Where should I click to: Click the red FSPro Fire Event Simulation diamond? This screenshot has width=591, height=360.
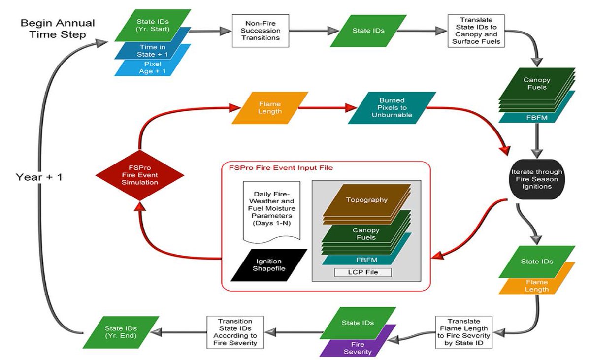pos(140,175)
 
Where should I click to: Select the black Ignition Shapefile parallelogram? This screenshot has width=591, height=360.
pos(269,265)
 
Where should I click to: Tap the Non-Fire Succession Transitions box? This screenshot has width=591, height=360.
pos(261,31)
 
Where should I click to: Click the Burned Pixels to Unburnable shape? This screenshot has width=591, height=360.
pos(392,107)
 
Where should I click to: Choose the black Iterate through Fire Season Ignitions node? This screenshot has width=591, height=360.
pos(537,179)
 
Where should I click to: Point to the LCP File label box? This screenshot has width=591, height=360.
pos(363,272)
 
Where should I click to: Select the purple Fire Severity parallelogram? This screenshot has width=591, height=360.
pos(358,348)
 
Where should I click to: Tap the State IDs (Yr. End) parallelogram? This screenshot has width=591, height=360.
pos(121,332)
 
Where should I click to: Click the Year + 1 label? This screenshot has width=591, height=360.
pos(39,177)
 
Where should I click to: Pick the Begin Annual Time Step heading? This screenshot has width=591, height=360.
pos(58,29)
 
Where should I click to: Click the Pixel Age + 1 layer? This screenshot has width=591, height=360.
pos(153,68)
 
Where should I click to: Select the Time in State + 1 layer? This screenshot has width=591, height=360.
pos(153,51)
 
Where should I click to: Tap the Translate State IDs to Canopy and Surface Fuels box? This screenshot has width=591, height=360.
pos(476,31)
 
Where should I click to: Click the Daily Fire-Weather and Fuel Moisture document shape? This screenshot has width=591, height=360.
pos(271,211)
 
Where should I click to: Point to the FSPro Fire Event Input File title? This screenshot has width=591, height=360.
pos(281,168)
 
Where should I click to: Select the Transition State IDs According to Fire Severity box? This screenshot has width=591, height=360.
pos(235,332)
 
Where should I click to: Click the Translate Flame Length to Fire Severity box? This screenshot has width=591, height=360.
pos(464,332)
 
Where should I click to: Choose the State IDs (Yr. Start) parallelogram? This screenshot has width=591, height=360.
pos(153,25)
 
